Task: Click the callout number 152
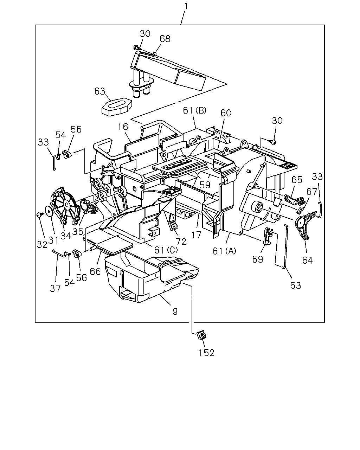point(206,353)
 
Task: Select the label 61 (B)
point(195,110)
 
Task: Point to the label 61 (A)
point(224,251)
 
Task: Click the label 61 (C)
point(166,250)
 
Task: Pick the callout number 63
point(100,91)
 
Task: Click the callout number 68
point(165,39)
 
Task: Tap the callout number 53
point(296,285)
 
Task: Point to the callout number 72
point(181,242)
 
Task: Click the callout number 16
point(123,127)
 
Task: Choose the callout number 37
point(55,289)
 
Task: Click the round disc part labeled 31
point(49,212)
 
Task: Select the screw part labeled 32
point(39,214)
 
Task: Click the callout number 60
point(226,113)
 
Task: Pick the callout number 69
point(257,259)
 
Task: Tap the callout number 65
point(297,180)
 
